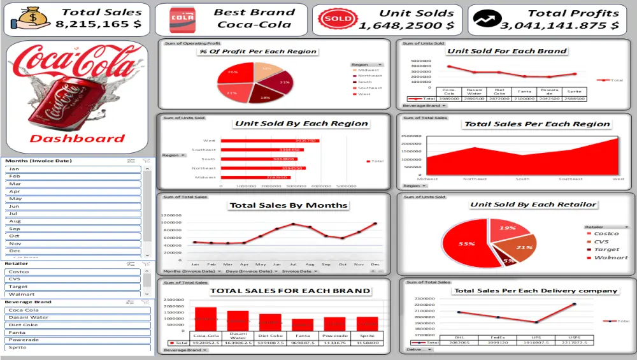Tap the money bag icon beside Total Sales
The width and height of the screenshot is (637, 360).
point(27,19)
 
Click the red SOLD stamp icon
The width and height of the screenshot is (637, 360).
point(338,19)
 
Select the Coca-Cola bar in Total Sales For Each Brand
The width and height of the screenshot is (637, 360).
point(205,319)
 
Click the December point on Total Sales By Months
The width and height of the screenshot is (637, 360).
point(375,224)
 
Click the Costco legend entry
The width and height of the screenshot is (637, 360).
point(606,234)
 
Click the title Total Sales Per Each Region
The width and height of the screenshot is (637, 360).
point(537,124)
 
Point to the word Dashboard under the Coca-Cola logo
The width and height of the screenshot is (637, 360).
point(77,139)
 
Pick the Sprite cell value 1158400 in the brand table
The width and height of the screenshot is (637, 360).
point(368,343)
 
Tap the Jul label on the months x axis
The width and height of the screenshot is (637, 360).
point(293,264)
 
